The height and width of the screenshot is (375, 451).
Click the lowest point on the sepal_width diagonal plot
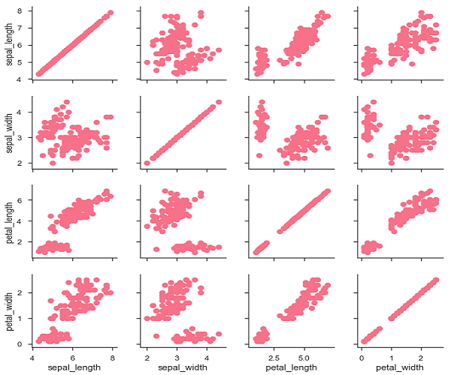point(147,163)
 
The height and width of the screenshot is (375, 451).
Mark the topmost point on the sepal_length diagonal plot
point(110,13)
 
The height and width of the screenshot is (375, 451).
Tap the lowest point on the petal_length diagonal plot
point(256,252)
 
